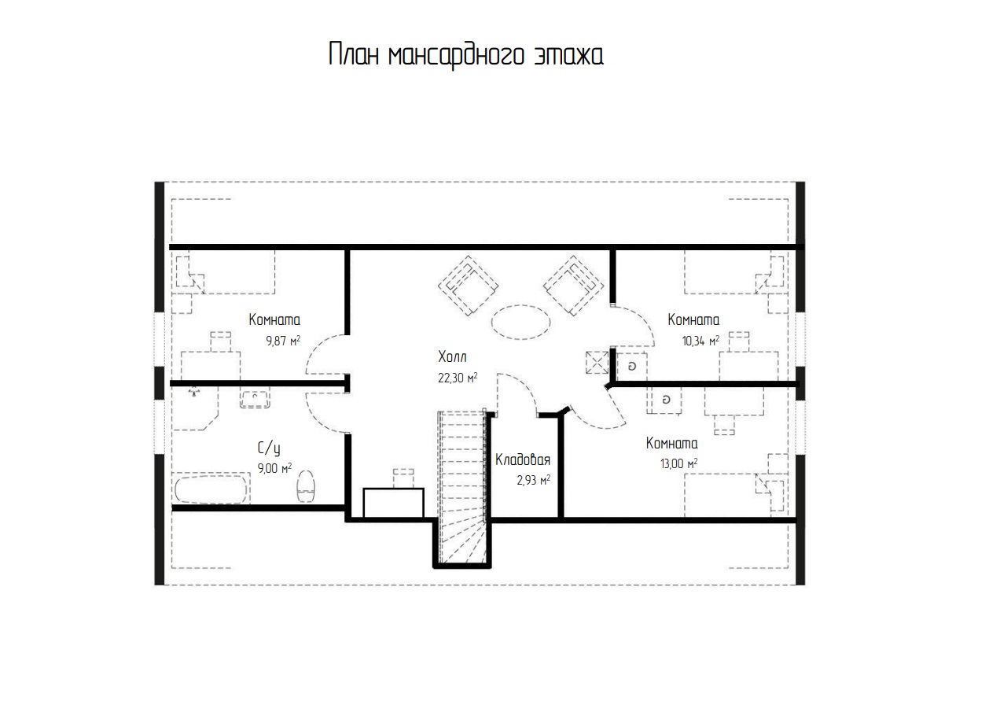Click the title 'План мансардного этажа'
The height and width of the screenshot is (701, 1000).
(466, 55)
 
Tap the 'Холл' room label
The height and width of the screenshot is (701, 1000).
(452, 357)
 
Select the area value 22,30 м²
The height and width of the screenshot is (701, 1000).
(458, 378)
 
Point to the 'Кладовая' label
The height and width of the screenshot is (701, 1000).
(522, 459)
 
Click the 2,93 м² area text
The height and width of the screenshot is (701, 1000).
(534, 480)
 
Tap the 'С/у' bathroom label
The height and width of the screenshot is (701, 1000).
(269, 448)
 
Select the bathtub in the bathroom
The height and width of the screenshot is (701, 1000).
(211, 489)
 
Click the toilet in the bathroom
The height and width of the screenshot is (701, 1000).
(306, 486)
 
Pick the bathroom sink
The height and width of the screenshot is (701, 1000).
(255, 397)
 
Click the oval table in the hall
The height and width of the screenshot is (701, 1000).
(520, 322)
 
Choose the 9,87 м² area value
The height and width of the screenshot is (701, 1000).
(283, 341)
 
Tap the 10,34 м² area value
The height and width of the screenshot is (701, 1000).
(700, 341)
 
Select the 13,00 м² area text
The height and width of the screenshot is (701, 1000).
(678, 463)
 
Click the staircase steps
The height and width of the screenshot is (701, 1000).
(462, 487)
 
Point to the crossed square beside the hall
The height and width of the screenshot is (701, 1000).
(597, 363)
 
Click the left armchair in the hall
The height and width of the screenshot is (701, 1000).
(468, 286)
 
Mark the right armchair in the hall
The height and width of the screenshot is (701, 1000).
(574, 286)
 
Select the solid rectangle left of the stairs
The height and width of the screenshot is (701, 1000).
(393, 503)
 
